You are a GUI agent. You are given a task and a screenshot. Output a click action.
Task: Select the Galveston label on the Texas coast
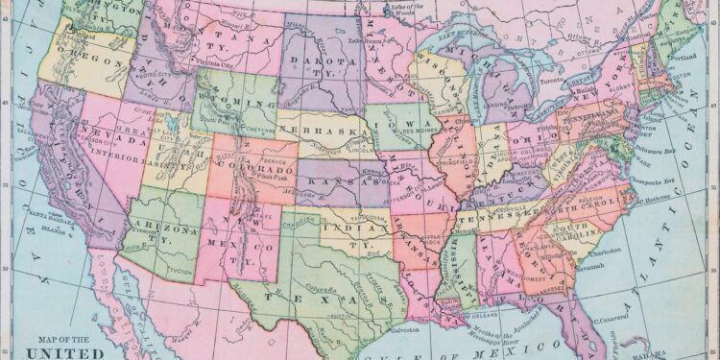404,329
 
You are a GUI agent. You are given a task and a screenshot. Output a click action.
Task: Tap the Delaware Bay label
661,150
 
